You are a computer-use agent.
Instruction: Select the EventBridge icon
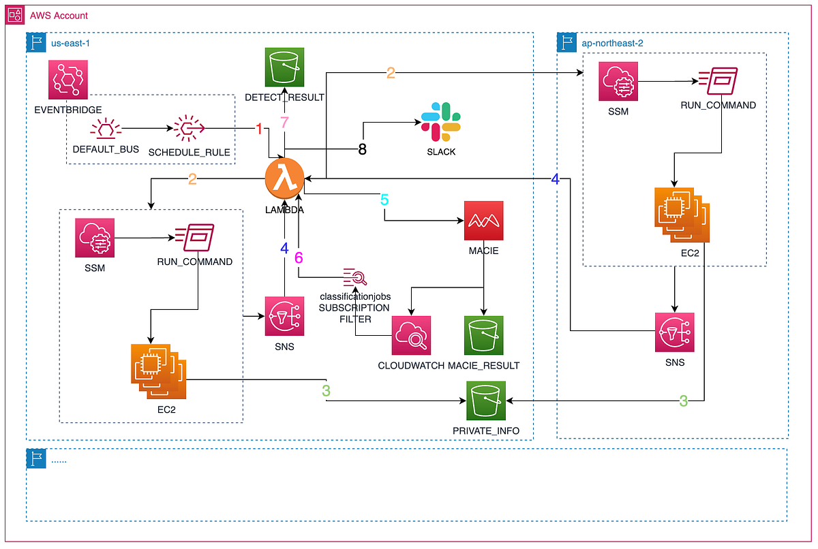pyautogui.click(x=68, y=80)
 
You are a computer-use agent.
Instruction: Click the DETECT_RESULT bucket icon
pyautogui.click(x=284, y=68)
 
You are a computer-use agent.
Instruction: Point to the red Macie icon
pyautogui.click(x=483, y=221)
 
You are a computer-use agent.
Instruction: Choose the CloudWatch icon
pyautogui.click(x=411, y=336)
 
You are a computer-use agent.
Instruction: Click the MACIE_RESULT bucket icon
pyautogui.click(x=483, y=336)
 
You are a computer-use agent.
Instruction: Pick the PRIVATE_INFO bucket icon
pyautogui.click(x=487, y=401)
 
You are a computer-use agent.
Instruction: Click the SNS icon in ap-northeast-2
pyautogui.click(x=674, y=332)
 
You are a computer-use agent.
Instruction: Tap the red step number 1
pyautogui.click(x=258, y=129)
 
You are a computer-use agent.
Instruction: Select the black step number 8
pyautogui.click(x=362, y=149)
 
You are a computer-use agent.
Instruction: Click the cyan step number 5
pyautogui.click(x=384, y=200)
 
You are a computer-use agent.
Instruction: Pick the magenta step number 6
pyautogui.click(x=298, y=258)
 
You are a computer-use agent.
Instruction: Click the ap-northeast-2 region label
pyautogui.click(x=613, y=42)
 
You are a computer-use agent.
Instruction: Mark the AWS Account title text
pyautogui.click(x=59, y=15)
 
